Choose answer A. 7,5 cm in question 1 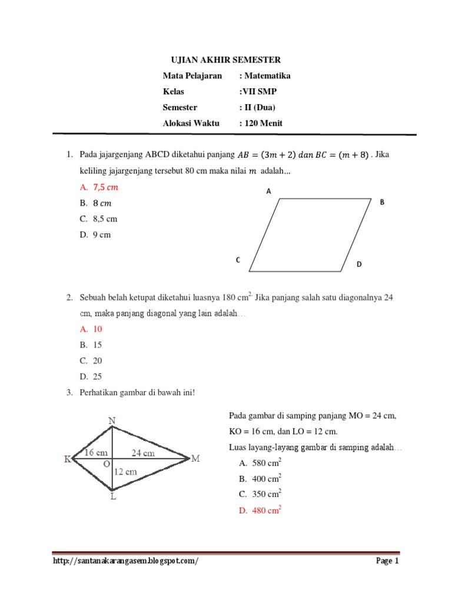[98, 187]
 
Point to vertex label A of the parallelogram [268, 191]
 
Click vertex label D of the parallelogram [359, 265]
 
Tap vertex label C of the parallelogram [238, 260]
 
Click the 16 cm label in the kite [96, 453]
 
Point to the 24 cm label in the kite [142, 453]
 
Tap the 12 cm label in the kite [125, 471]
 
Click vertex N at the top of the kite [112, 420]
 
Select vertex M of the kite [196, 459]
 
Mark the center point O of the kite [107, 465]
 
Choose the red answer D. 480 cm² [260, 511]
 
